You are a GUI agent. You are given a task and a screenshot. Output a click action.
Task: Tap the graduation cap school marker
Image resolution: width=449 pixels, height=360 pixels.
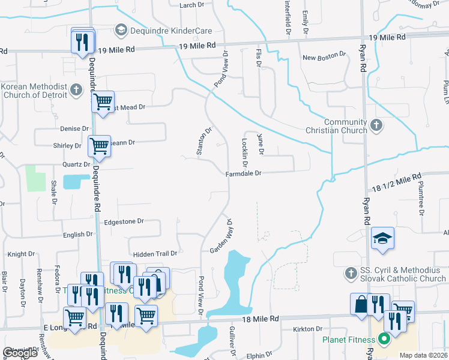pos(382,239)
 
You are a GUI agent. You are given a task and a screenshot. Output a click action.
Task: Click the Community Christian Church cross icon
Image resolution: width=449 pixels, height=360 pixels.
pos(376,125)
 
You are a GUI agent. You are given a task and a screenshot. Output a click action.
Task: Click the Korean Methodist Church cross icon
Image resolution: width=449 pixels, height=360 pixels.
pos(76,90)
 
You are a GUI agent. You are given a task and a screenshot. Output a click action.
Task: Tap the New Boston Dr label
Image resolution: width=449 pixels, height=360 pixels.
pos(324,58)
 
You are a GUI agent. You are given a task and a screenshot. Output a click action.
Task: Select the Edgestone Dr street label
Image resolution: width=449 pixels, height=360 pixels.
pos(124,221)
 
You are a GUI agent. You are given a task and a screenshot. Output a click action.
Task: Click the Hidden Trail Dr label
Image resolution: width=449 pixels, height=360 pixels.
pos(155,254)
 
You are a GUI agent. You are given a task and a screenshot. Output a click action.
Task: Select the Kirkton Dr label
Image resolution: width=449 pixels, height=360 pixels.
pos(308,329)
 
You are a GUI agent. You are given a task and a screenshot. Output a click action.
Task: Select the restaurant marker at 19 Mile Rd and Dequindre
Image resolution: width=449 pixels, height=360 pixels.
pos(82,41)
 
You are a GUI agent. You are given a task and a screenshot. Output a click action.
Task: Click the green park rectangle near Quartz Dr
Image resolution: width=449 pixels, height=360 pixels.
pos(35,178)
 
